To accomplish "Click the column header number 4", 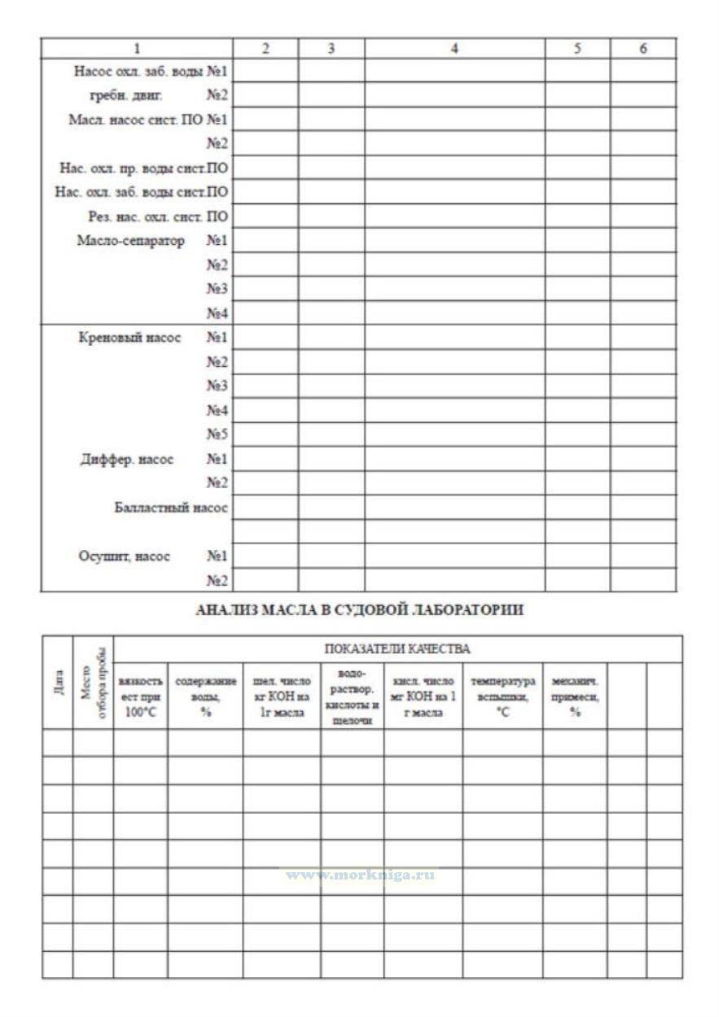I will click(454, 49).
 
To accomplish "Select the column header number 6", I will click(642, 49).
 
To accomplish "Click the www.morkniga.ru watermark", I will click(359, 875).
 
